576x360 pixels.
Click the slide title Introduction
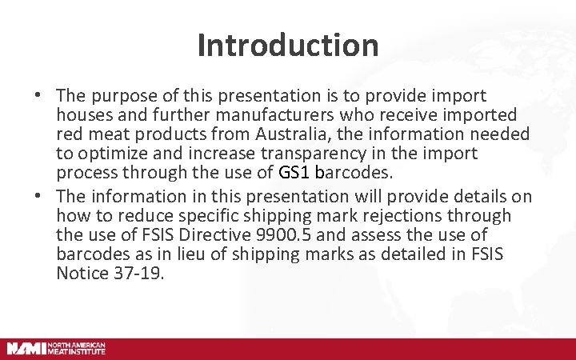pyautogui.click(x=288, y=45)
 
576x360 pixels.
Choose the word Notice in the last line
pyautogui.click(x=82, y=274)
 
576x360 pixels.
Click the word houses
pyautogui.click(x=86, y=114)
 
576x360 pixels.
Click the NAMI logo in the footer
pyautogui.click(x=56, y=348)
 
